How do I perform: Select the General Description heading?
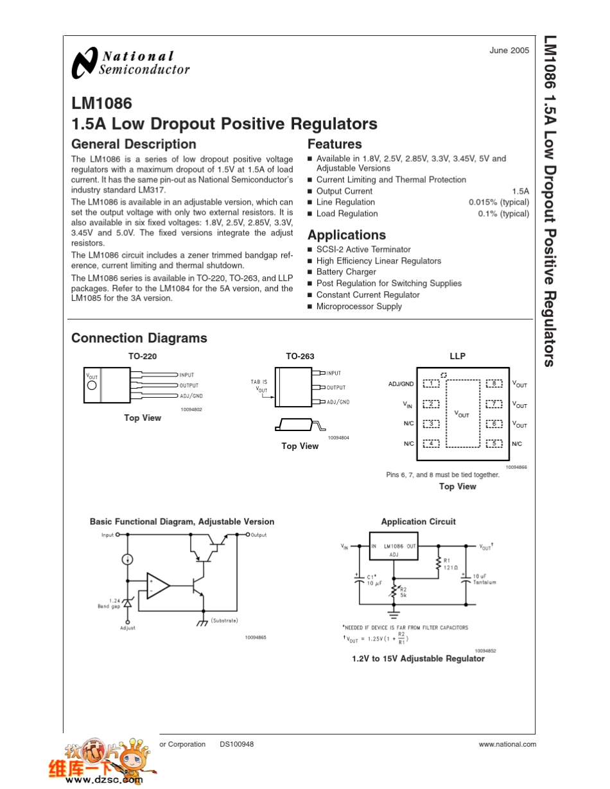(134, 144)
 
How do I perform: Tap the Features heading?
(335, 144)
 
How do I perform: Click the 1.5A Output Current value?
(520, 191)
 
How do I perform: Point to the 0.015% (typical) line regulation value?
(498, 203)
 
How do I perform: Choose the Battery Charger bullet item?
(346, 272)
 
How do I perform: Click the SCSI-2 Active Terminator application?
(363, 250)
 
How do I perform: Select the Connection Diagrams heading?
(139, 338)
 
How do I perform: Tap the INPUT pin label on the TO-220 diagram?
(187, 375)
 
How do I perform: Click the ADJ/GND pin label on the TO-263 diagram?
(338, 402)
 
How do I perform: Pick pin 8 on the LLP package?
(494, 384)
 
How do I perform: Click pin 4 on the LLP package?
(431, 443)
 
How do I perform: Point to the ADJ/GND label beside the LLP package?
(401, 384)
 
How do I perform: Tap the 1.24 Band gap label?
(109, 604)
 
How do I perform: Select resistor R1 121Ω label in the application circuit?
(451, 564)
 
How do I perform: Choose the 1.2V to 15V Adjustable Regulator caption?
(418, 659)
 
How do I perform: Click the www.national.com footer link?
(507, 744)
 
